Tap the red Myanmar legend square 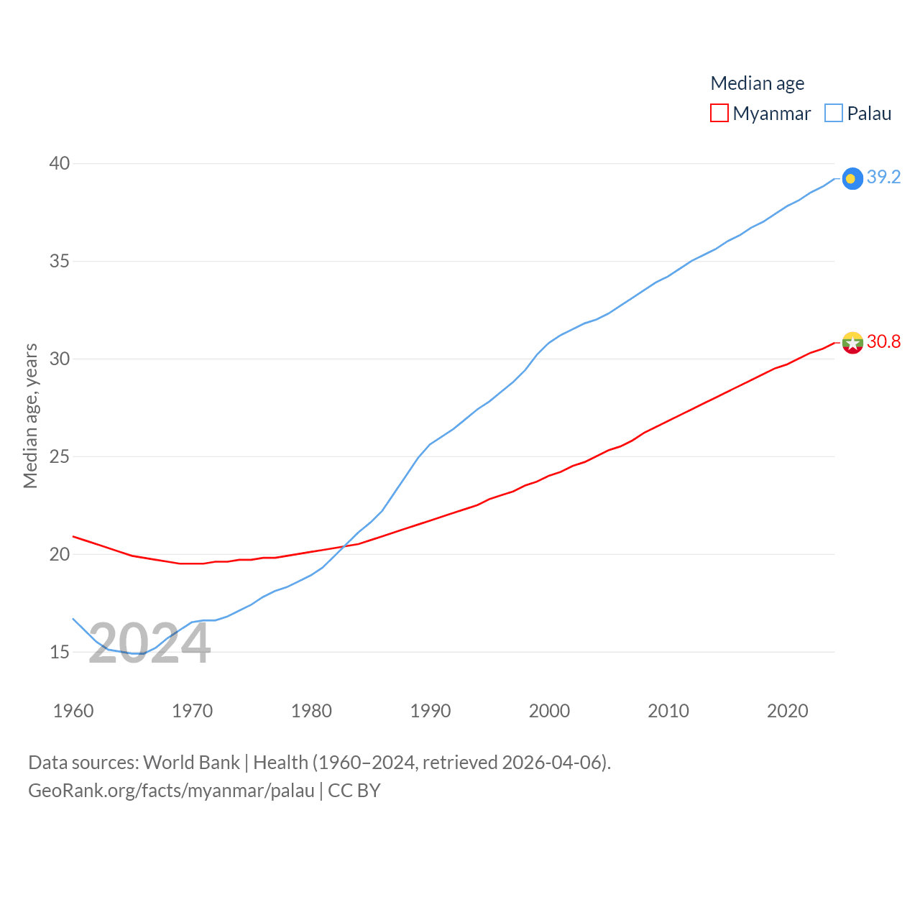tap(719, 113)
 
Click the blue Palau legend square tap(834, 113)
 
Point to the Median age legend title tap(758, 83)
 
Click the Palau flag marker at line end tap(852, 179)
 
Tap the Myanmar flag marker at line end tap(852, 343)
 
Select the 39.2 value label tap(883, 177)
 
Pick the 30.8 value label tap(883, 341)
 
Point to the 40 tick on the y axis tap(60, 164)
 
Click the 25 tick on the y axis tap(60, 456)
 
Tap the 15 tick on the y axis tap(60, 652)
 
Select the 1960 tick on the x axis tap(73, 711)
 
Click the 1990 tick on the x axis tap(431, 711)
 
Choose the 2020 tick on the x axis tap(788, 711)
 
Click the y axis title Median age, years tap(31, 415)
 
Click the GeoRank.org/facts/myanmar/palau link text tap(171, 791)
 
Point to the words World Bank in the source tap(191, 763)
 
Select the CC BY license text tap(354, 791)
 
